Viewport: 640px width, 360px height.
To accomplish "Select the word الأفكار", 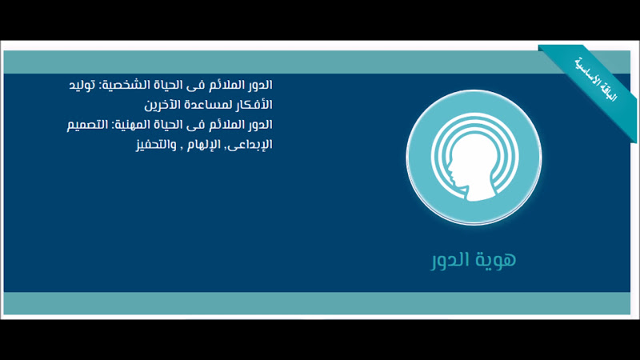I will point(254,105).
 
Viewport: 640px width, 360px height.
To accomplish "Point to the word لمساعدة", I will point(209,105).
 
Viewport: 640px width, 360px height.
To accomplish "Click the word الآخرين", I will point(163,105).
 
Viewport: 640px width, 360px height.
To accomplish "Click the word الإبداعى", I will point(251,145).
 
